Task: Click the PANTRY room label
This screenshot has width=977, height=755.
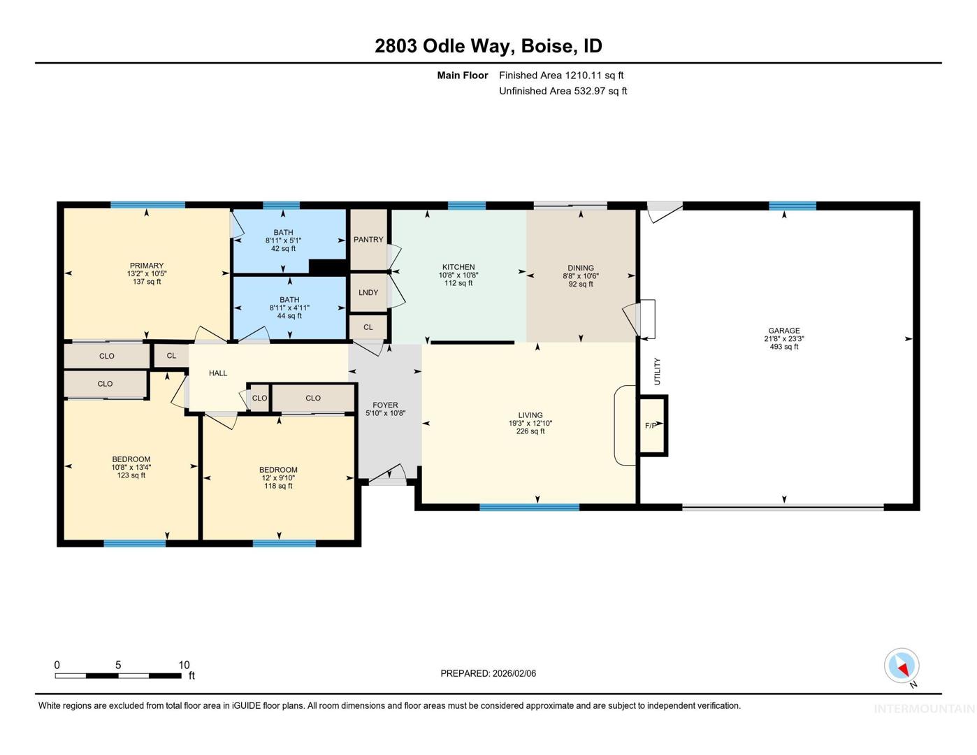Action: pos(368,239)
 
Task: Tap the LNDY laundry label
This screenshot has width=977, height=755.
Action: pos(368,292)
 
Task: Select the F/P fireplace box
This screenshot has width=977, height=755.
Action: pos(653,426)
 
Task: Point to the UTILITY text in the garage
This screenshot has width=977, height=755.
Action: pos(658,371)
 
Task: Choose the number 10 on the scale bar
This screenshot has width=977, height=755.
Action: pos(184,665)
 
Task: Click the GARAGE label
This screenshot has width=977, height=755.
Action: pos(784,331)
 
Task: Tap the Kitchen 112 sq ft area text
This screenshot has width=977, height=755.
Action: pos(458,283)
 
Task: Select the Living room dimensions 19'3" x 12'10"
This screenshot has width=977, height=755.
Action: pos(530,423)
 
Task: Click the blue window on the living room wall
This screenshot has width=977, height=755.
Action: pos(529,508)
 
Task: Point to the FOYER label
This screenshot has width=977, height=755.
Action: pos(385,405)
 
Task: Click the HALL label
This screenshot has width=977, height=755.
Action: pos(218,373)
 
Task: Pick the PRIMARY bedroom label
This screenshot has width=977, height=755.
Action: pos(147,266)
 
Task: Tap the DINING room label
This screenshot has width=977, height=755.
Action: pos(581,268)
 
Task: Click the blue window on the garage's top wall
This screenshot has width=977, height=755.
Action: pos(793,206)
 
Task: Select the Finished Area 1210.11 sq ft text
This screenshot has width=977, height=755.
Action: pos(561,75)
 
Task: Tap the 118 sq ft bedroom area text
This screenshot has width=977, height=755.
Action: pos(278,486)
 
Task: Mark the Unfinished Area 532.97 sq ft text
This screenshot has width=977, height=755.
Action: pos(563,92)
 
